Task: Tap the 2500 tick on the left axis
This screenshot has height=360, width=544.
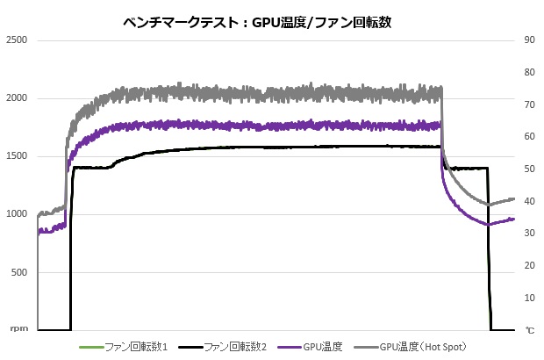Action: [18, 40]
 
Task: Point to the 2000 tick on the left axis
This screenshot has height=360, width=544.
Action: [18, 98]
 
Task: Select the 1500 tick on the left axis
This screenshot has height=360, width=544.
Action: [18, 156]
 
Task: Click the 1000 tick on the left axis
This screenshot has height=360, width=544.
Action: [18, 214]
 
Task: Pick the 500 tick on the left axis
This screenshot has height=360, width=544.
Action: [20, 272]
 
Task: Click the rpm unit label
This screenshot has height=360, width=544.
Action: [18, 330]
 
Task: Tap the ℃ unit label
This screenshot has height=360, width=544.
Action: [529, 330]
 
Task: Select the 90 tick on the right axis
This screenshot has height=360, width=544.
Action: [530, 40]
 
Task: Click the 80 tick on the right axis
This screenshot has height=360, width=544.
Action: [530, 73]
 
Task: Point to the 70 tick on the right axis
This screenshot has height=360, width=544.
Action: [530, 104]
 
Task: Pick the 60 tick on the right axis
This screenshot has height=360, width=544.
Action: [530, 137]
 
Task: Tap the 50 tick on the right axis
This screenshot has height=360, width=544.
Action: [530, 169]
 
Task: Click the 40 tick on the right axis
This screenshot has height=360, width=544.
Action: [530, 201]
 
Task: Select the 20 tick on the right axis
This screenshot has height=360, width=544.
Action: [530, 266]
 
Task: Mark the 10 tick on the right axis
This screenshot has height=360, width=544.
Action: [530, 298]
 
